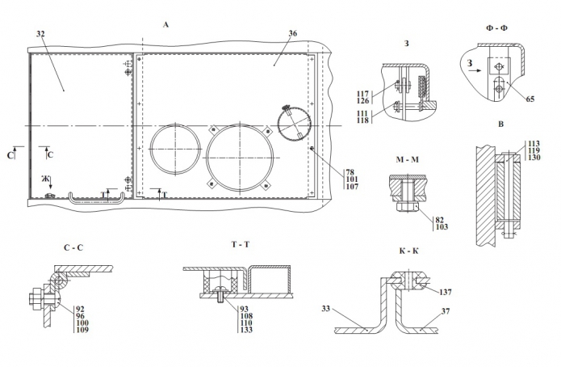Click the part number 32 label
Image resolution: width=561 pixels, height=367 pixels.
tap(40, 34)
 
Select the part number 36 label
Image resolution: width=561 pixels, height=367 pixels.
tap(292, 34)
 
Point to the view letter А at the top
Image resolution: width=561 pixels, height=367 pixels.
tap(165, 25)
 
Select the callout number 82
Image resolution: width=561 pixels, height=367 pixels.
tap(441, 220)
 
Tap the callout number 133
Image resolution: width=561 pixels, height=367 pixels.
tap(245, 331)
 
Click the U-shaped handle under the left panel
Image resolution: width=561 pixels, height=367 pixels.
tap(95, 196)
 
